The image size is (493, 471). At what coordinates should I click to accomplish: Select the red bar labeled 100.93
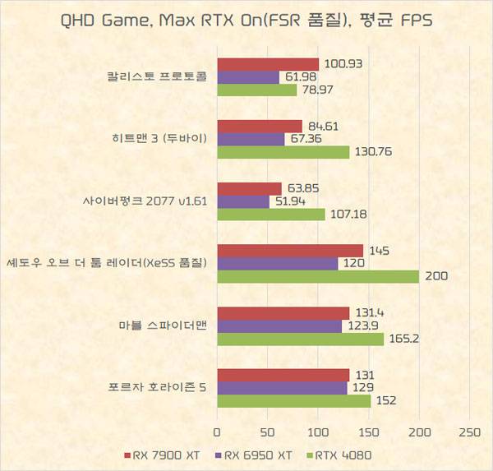(268, 65)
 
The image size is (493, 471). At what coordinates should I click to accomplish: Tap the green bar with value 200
(318, 277)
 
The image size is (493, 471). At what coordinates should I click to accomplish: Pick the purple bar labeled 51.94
(243, 201)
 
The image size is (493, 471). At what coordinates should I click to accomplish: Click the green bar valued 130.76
(283, 152)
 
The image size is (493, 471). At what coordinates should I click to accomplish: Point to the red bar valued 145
(290, 251)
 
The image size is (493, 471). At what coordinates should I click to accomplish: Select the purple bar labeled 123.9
(279, 326)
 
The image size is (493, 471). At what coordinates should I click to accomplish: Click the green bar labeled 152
(294, 401)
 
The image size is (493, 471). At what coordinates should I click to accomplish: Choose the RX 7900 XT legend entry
(164, 454)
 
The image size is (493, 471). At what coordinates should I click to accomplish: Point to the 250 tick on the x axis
(469, 432)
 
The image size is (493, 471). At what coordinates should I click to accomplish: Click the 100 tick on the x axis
(318, 432)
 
